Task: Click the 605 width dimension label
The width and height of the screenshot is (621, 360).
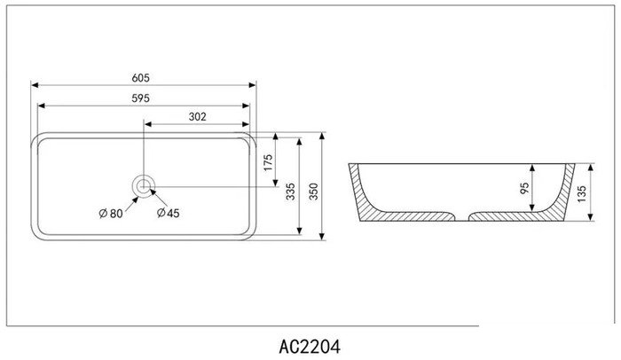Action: coord(140,78)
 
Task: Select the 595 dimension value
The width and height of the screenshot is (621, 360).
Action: coord(140,98)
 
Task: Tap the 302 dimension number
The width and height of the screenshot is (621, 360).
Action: coord(197,117)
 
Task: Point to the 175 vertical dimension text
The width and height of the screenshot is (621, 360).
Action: coord(269,162)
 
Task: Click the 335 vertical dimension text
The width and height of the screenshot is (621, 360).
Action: coord(291,192)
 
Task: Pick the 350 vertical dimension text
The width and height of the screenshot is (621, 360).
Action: coord(313,192)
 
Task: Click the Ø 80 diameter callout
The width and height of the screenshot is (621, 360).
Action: coord(111,214)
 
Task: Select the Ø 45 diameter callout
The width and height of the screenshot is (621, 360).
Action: coord(169,213)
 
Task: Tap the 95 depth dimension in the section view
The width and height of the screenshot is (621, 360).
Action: coord(524,188)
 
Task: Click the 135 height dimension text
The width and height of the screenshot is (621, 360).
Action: coord(581,194)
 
